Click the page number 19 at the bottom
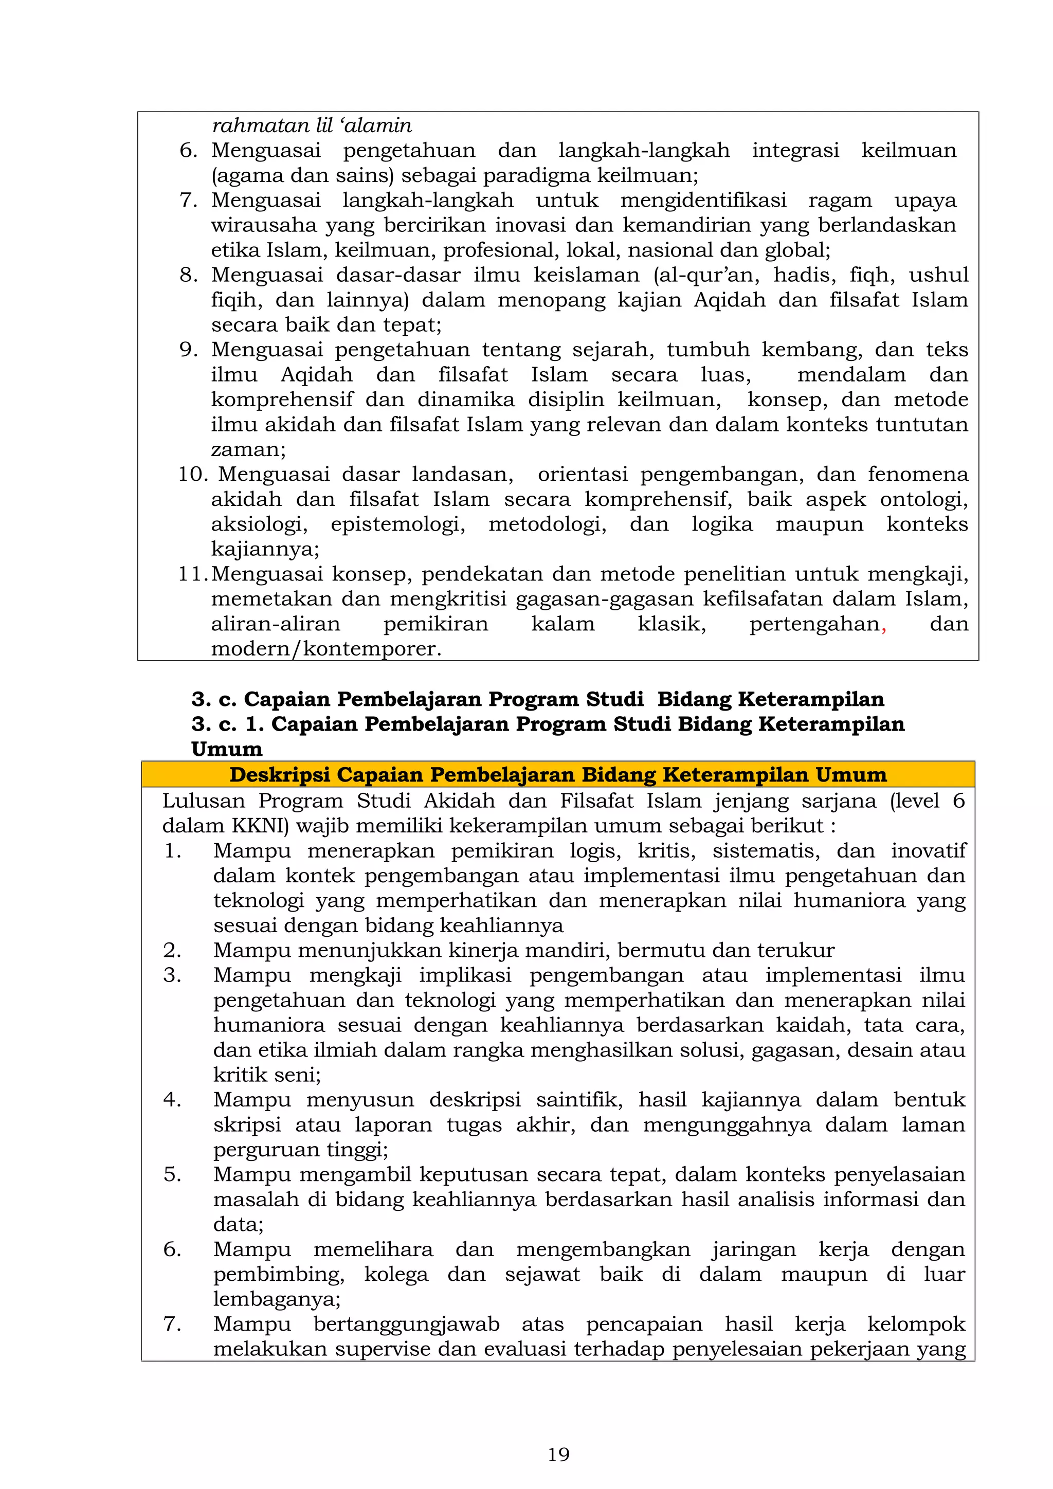(x=558, y=1455)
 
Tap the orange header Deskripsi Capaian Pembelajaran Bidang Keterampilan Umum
(x=558, y=774)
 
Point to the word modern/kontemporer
(x=325, y=648)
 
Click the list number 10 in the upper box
(x=193, y=474)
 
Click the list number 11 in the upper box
(x=193, y=574)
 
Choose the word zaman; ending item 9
(x=248, y=449)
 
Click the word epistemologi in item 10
(x=397, y=524)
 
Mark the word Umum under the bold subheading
(x=227, y=749)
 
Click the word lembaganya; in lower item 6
(x=277, y=1299)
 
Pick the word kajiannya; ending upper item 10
(x=265, y=549)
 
